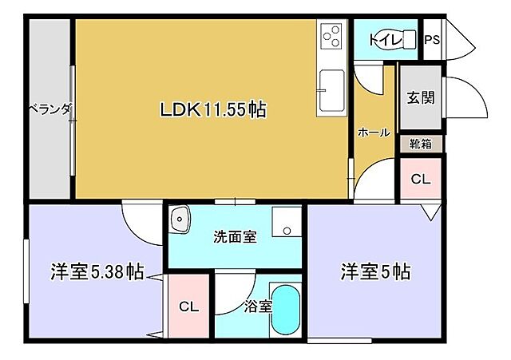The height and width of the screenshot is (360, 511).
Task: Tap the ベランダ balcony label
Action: (x=50, y=109)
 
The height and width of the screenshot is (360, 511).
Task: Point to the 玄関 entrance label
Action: (x=420, y=98)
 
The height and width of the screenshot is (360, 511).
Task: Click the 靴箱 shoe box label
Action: (x=421, y=144)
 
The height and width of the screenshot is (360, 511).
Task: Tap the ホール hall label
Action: (x=374, y=133)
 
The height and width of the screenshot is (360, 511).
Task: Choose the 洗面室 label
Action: (x=235, y=237)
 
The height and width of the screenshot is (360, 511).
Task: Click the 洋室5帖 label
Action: (x=375, y=272)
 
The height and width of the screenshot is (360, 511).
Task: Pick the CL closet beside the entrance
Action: (x=420, y=180)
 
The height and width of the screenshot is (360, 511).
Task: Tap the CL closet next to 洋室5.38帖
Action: (x=188, y=307)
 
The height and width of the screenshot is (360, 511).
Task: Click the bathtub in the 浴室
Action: (x=284, y=311)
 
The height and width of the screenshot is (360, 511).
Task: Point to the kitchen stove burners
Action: (x=331, y=37)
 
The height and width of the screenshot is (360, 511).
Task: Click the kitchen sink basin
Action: (x=331, y=92)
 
